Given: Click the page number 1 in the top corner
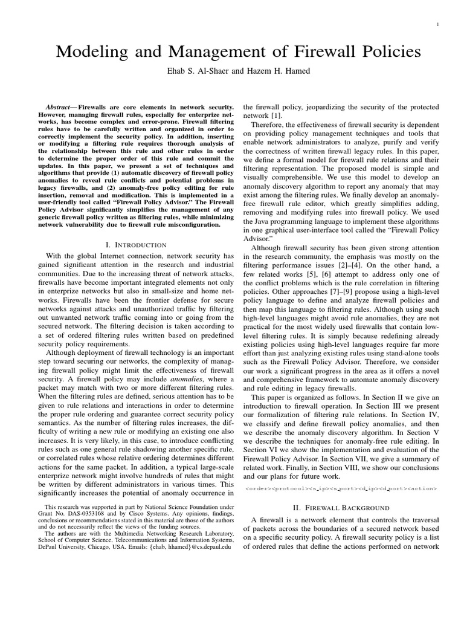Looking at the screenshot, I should click(436, 25).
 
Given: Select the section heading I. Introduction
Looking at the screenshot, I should click(135, 245).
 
